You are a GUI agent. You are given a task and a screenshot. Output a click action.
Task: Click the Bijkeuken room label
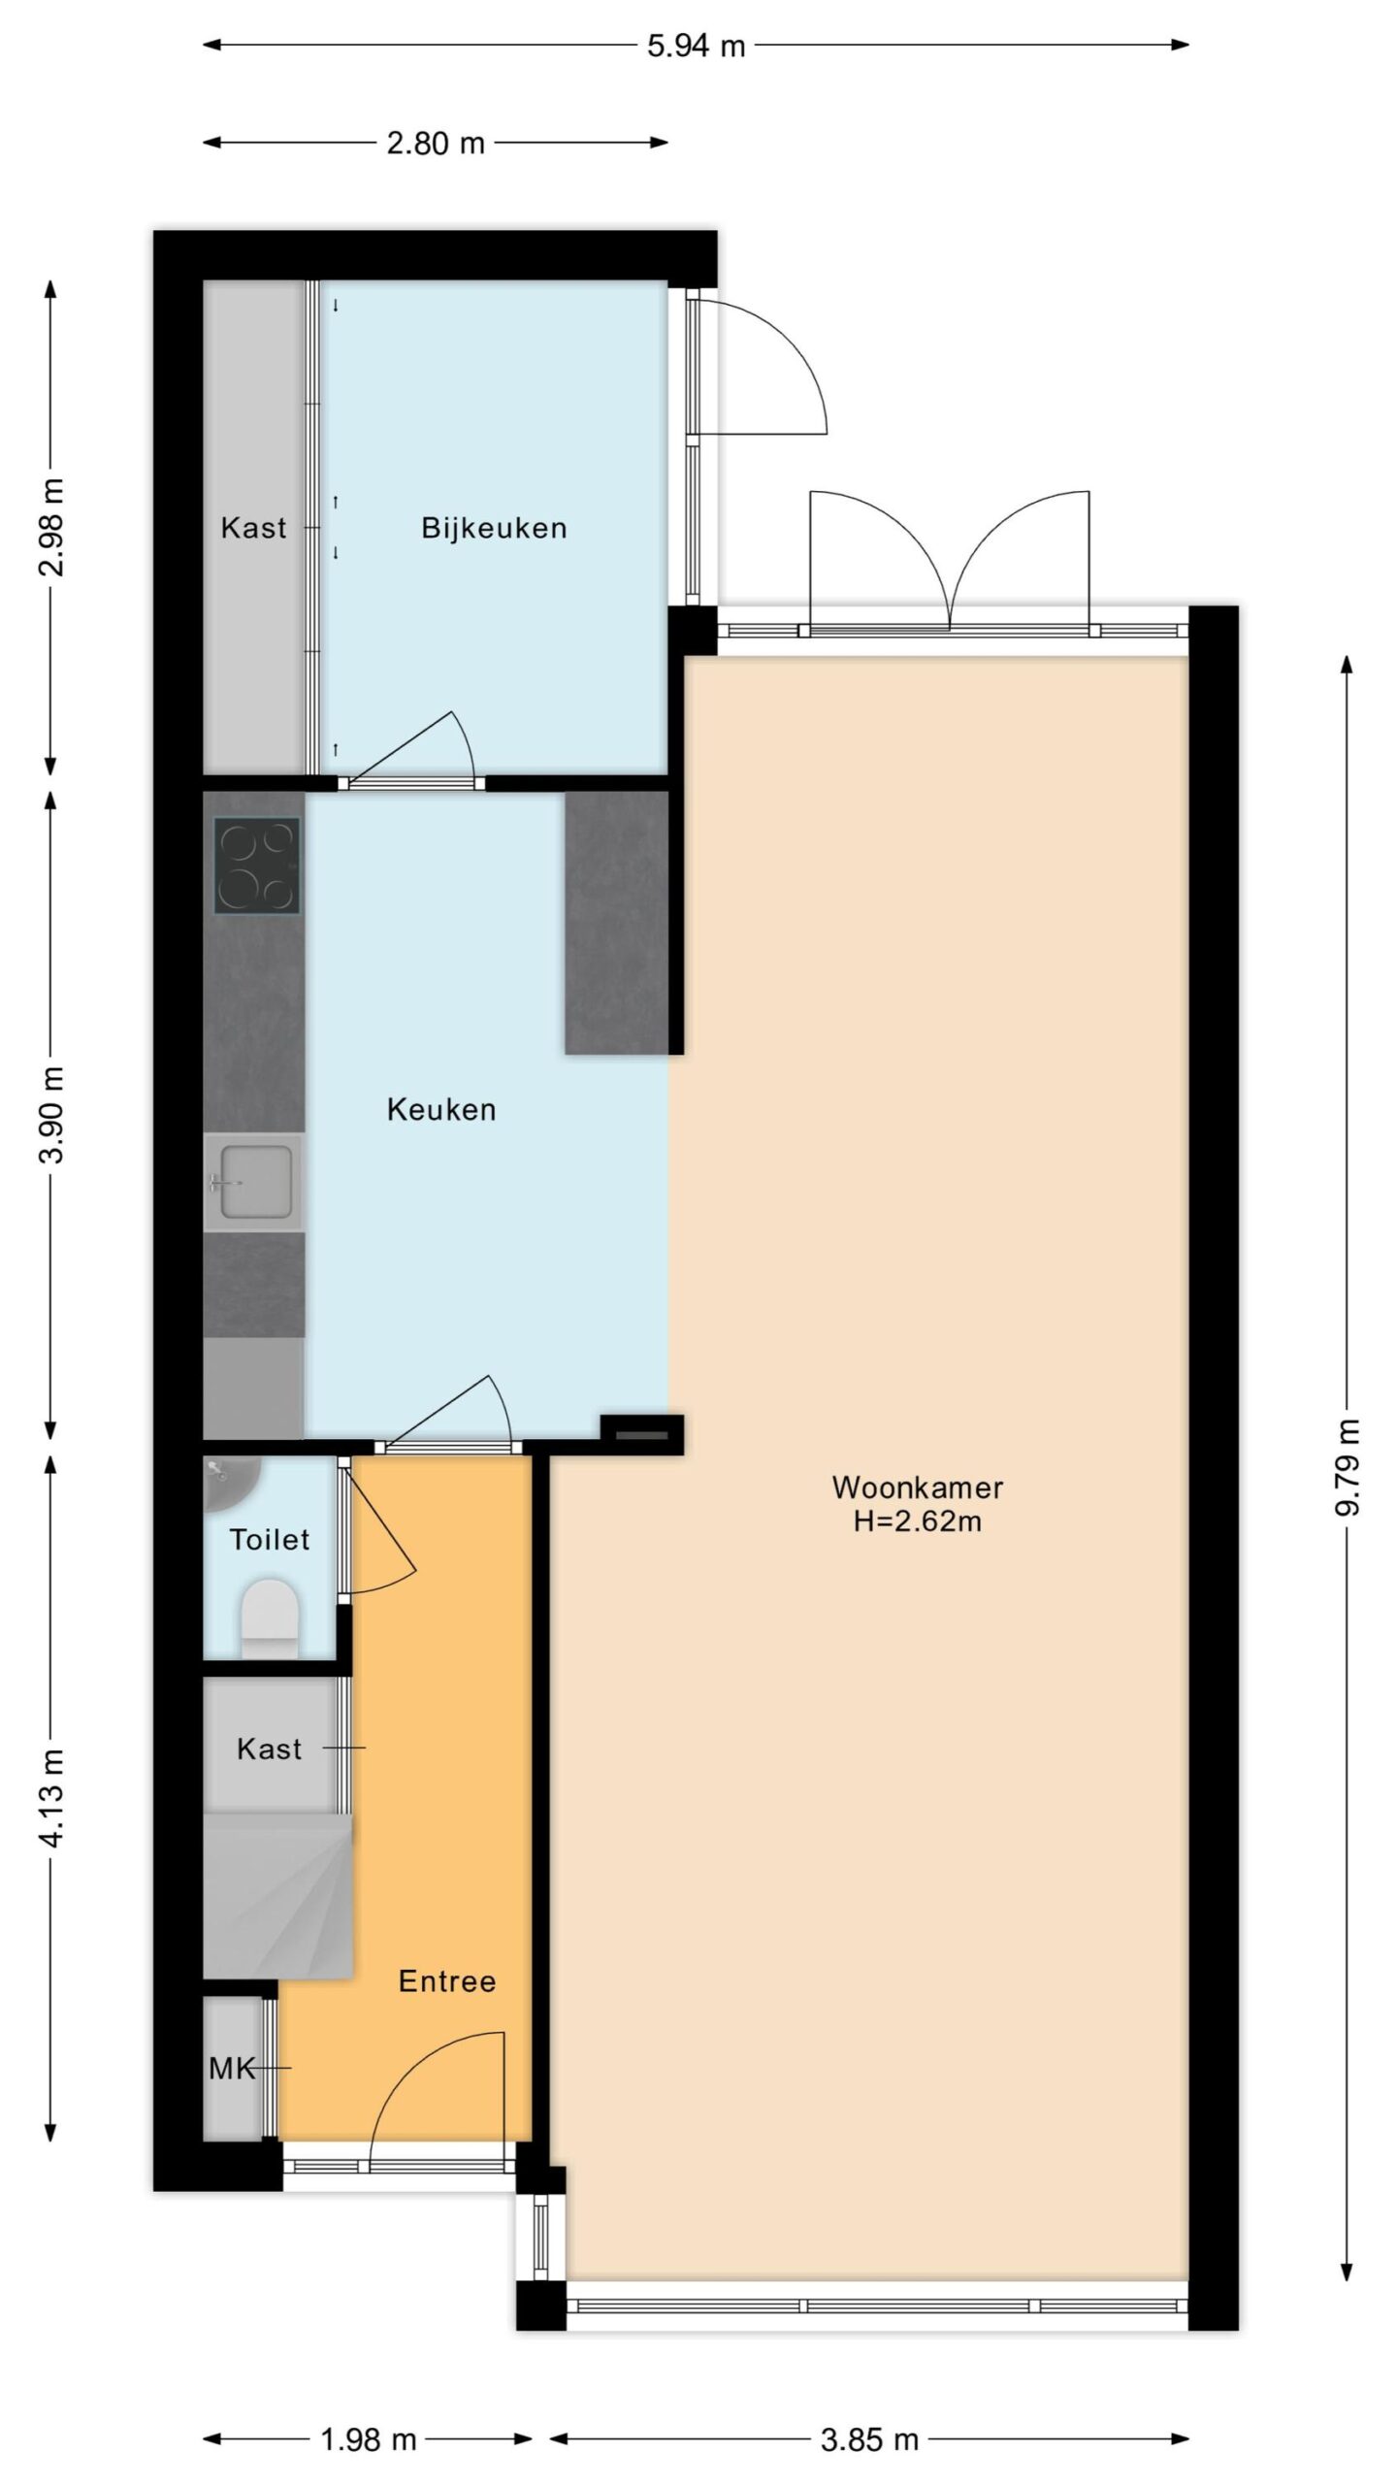pos(494,528)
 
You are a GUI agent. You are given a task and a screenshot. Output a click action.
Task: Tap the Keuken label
pos(441,1109)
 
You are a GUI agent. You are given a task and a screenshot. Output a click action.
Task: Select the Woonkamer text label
pos(918,1487)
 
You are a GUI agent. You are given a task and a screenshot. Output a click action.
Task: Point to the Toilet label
pos(270,1539)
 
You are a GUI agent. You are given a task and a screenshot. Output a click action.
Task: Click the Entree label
pos(447,1981)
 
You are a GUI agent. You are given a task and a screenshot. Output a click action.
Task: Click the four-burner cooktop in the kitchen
pos(256,866)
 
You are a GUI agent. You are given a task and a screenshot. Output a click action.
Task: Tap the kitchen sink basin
pos(256,1182)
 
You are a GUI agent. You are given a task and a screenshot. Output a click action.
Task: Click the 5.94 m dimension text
pos(697,46)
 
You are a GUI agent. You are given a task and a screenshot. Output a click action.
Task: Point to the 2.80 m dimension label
pos(436,144)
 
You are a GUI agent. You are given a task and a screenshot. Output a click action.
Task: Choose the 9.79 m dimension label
pos(1348,1467)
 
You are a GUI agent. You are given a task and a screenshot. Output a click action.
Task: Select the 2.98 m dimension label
pos(52,527)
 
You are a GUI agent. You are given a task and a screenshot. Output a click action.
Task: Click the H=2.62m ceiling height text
pos(918,1520)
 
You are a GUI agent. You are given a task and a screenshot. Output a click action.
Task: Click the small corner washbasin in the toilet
pos(229,1481)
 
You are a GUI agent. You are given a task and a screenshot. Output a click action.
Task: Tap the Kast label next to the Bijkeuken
pos(254,528)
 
